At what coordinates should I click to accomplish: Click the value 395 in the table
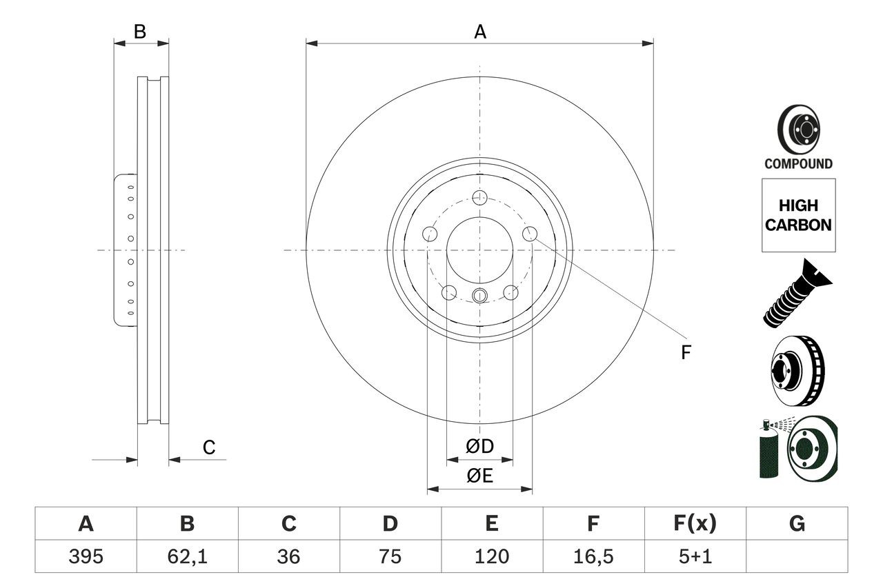point(86,556)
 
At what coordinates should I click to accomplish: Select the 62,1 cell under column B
point(187,556)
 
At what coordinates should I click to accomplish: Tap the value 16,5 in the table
point(593,556)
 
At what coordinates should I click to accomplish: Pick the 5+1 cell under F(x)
point(694,556)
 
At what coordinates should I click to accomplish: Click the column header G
point(797,524)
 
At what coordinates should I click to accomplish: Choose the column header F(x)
point(694,524)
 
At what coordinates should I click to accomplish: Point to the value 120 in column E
point(491,556)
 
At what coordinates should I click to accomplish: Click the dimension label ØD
point(480,447)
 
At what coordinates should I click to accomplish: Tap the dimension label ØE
point(480,476)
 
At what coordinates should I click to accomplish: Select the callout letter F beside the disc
point(685,353)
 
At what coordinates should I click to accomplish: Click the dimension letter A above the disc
point(480,32)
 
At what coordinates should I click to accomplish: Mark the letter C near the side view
point(209,447)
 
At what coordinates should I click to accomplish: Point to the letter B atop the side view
point(140,32)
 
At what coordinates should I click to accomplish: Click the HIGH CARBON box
point(798,215)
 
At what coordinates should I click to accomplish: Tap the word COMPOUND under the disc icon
point(798,164)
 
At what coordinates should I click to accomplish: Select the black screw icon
point(797,293)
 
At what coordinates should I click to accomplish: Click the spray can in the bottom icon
point(768,452)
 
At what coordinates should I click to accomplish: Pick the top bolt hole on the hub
point(480,198)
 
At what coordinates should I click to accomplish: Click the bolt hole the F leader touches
point(530,234)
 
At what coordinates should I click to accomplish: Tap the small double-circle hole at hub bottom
point(480,296)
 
